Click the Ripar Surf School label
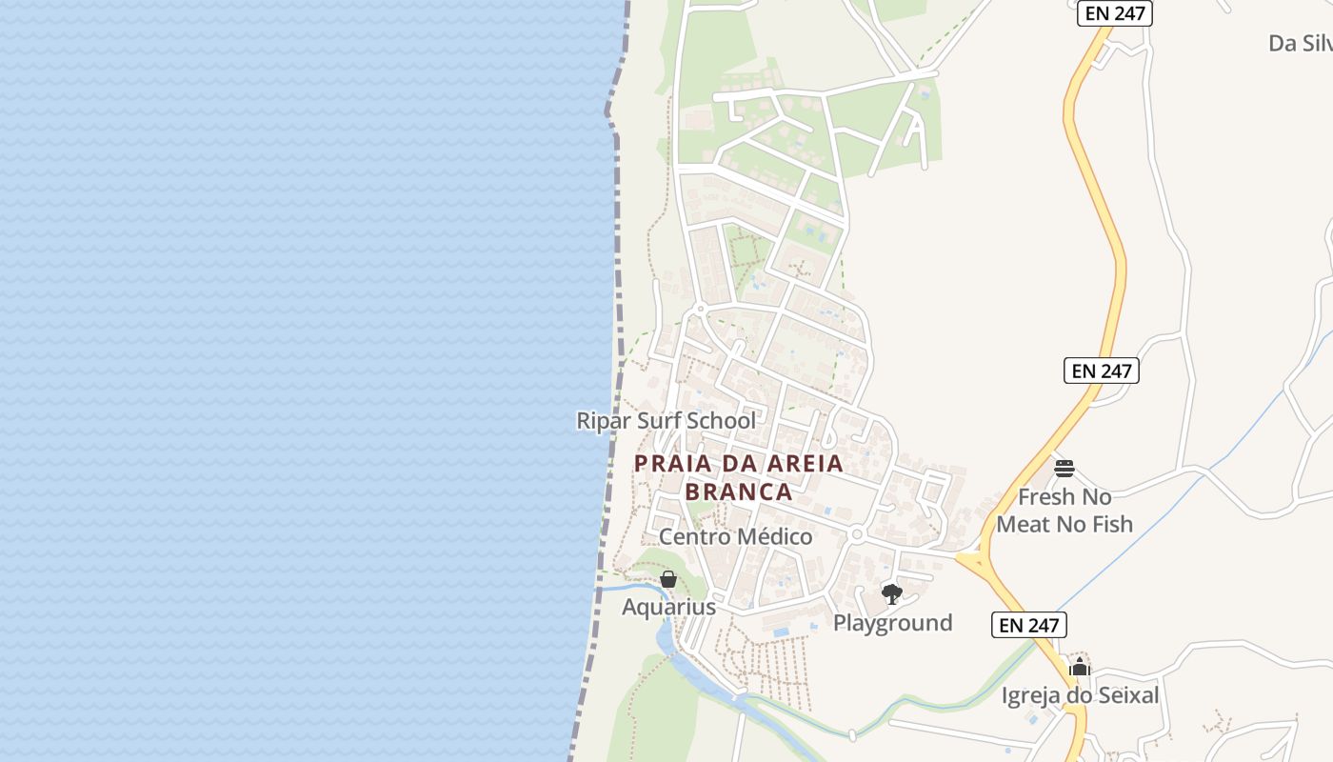[x=666, y=421]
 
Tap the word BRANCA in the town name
[x=739, y=491]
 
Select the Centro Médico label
[x=736, y=537]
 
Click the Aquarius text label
[x=668, y=608]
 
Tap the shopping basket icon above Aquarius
[x=668, y=579]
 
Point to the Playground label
[x=892, y=623]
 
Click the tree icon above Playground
[x=892, y=594]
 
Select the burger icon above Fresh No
[x=1064, y=469]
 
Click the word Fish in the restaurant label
[x=1109, y=524]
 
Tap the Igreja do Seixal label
[x=1080, y=696]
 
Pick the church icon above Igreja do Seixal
[x=1079, y=667]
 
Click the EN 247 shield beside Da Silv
[x=1115, y=13]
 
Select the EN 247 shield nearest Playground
[x=1029, y=625]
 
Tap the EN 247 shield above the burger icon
[x=1101, y=371]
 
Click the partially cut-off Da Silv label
[x=1300, y=44]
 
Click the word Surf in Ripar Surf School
[x=666, y=421]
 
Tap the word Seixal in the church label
[x=1125, y=696]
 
